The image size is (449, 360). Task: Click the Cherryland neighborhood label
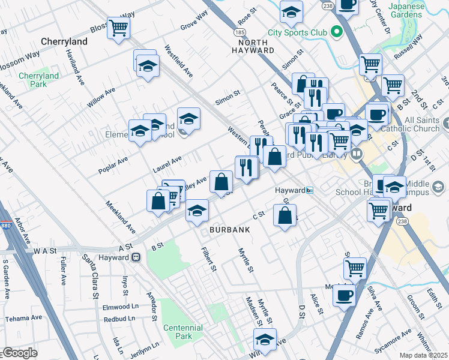click(64, 41)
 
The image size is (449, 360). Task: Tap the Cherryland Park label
click(38, 80)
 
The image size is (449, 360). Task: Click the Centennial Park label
click(182, 332)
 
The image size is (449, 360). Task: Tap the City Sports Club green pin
click(337, 31)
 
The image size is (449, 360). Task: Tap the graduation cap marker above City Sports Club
click(291, 11)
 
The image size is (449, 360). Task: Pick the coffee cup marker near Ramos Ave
click(344, 295)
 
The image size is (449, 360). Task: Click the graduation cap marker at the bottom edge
click(265, 339)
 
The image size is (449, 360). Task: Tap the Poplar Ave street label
click(113, 165)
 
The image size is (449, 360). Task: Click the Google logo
click(19, 353)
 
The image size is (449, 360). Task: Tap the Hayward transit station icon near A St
click(136, 257)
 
